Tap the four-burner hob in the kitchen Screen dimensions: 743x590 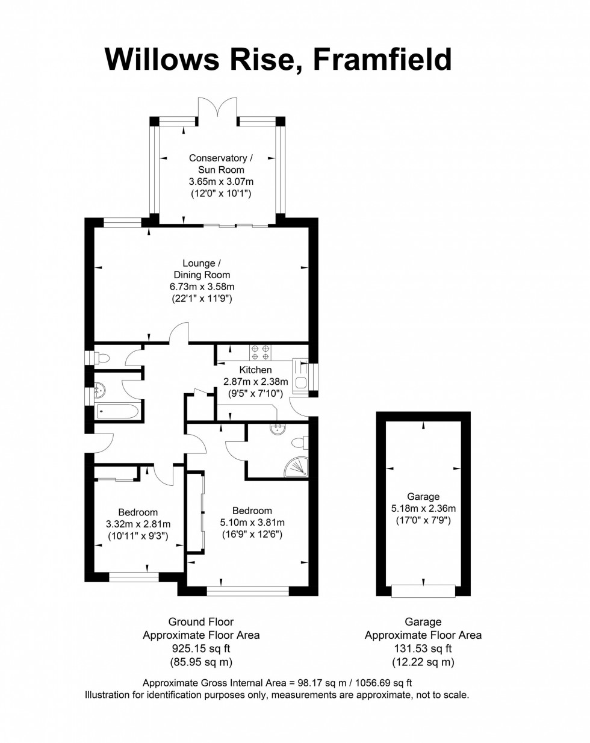tap(261, 352)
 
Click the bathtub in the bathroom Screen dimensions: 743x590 tap(118, 412)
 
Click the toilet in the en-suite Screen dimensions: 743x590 tap(299, 443)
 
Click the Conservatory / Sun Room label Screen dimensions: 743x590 tap(221, 164)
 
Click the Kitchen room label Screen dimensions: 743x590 tap(255, 370)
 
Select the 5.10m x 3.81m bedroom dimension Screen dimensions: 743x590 tap(252, 523)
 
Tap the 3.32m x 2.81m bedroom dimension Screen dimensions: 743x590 tap(138, 524)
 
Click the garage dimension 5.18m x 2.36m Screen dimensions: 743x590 tap(423, 508)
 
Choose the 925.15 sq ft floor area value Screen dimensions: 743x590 tap(200, 648)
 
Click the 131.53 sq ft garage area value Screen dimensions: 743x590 tap(423, 648)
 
